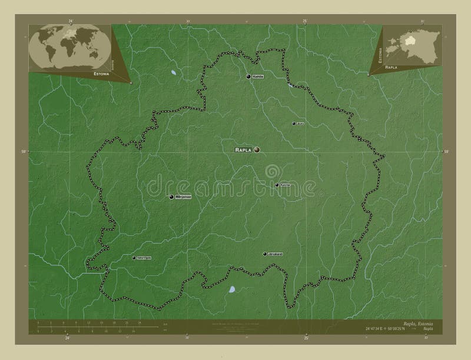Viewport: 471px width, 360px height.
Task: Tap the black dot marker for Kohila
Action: click(248, 76)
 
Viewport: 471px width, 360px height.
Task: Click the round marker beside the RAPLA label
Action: click(257, 151)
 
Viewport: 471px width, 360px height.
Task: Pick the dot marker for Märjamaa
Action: click(171, 197)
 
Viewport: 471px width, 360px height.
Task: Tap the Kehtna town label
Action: click(286, 185)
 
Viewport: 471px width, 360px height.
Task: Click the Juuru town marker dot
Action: click(294, 124)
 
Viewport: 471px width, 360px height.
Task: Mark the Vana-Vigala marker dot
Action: click(133, 258)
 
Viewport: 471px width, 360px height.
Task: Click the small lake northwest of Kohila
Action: click(173, 73)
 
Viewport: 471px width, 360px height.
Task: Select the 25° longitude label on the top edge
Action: click(305, 21)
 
